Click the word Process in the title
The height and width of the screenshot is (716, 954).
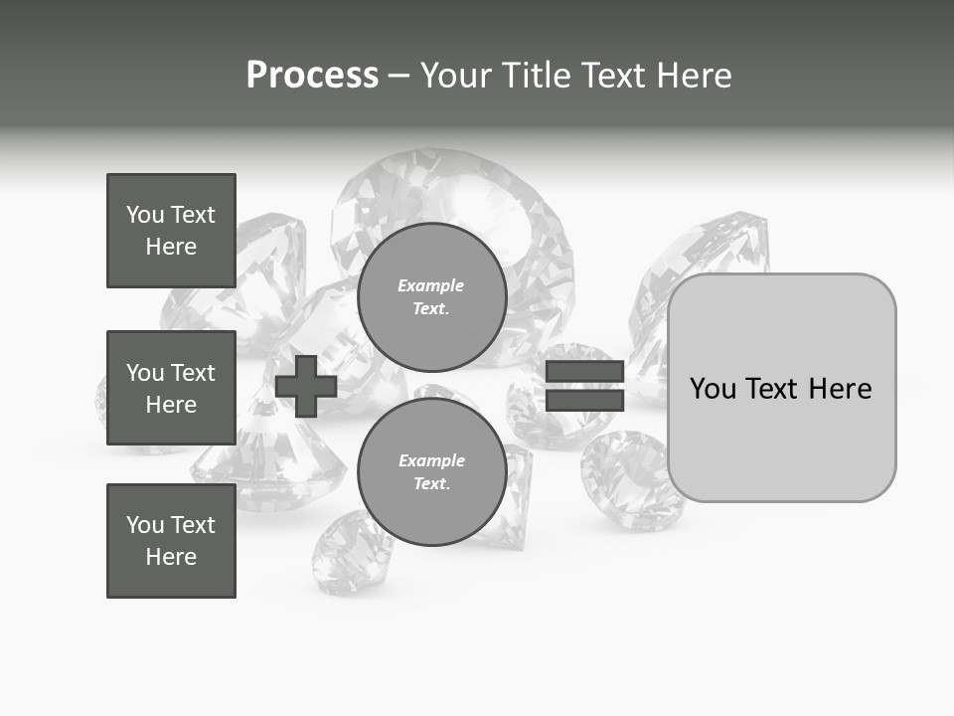pyautogui.click(x=312, y=76)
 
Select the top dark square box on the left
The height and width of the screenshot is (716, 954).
pyautogui.click(x=171, y=231)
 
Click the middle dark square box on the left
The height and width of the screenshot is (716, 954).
pyautogui.click(x=171, y=388)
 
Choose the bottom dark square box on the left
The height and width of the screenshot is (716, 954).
pyautogui.click(x=171, y=541)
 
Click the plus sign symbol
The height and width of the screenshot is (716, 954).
pyautogui.click(x=306, y=386)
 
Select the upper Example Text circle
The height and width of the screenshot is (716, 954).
pyautogui.click(x=431, y=296)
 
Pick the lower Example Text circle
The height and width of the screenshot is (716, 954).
pyautogui.click(x=431, y=471)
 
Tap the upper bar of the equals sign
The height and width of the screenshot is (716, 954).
pyautogui.click(x=584, y=372)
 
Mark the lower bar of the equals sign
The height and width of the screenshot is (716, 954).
pyautogui.click(x=584, y=400)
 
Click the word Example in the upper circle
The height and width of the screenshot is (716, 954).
pyautogui.click(x=431, y=285)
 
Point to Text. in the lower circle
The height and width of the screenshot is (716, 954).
pyautogui.click(x=431, y=483)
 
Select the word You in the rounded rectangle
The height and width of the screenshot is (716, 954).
pyautogui.click(x=713, y=389)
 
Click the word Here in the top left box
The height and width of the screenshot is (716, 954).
pyautogui.click(x=171, y=247)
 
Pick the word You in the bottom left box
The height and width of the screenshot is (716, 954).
pyautogui.click(x=145, y=525)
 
